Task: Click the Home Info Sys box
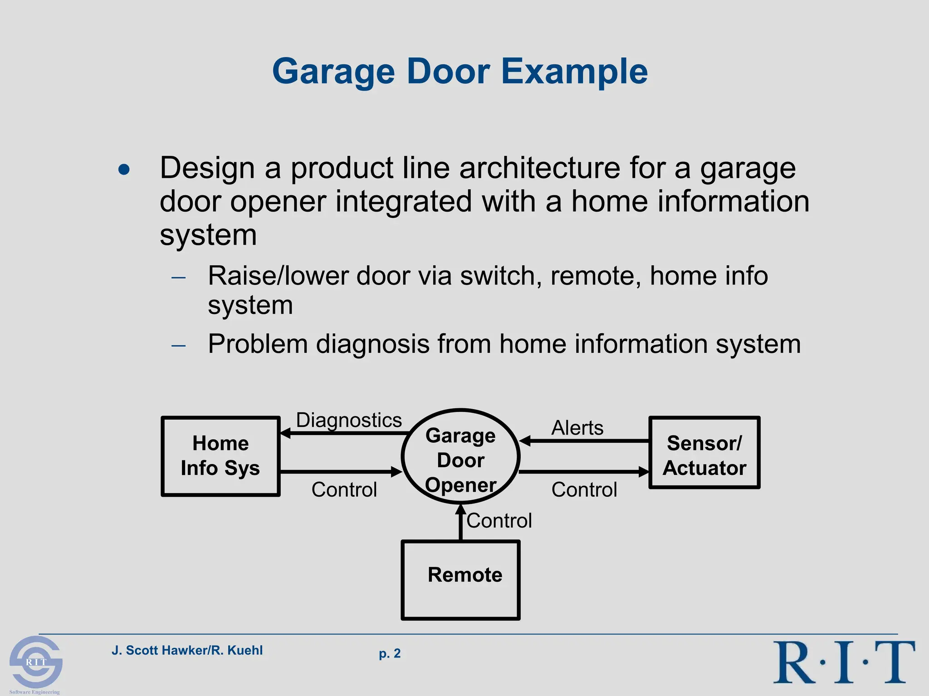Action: (220, 456)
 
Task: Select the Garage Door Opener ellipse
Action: (460, 456)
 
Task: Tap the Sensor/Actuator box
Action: (704, 453)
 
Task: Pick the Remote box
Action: (460, 580)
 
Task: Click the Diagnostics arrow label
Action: (349, 420)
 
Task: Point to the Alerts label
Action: (577, 428)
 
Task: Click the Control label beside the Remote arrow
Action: (499, 521)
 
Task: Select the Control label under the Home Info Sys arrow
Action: (344, 490)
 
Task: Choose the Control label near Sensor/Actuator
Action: (584, 490)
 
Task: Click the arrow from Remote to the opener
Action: (460, 523)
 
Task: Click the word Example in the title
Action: (574, 72)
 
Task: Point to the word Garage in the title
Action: (333, 72)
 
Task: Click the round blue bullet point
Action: (124, 170)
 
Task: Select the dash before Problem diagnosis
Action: (179, 345)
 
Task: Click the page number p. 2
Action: (390, 653)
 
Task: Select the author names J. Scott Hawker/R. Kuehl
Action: (187, 650)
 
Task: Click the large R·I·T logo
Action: (844, 662)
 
